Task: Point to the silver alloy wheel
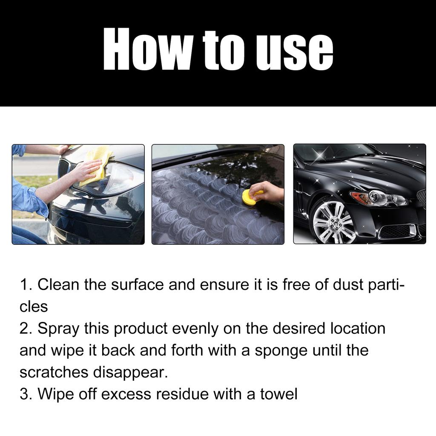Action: coord(333,222)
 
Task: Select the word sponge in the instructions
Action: coord(281,351)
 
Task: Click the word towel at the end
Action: coord(276,394)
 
